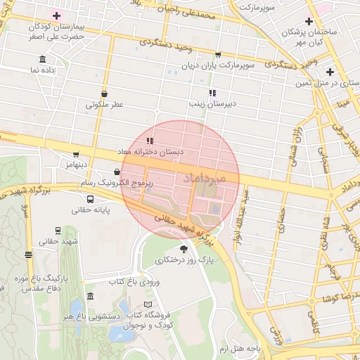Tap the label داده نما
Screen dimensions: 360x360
(44, 70)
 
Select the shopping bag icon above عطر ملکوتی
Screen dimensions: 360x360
(105, 93)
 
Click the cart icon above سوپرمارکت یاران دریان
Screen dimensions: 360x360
(218, 54)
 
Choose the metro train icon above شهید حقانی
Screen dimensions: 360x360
(57, 230)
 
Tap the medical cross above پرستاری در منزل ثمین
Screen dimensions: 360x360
(330, 72)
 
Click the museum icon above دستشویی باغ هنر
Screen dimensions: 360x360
(90, 297)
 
